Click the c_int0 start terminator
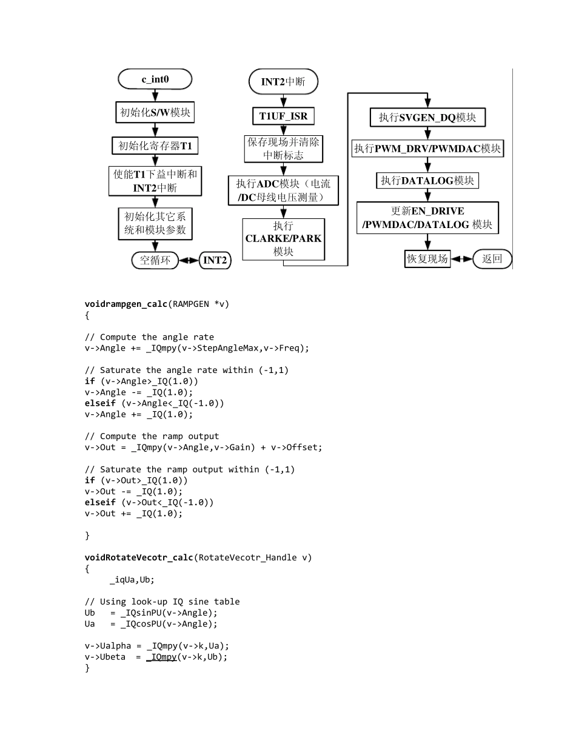coord(155,79)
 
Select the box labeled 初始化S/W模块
coord(155,112)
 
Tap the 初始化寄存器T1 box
coord(155,146)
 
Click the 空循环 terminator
coord(155,260)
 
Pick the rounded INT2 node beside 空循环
coord(215,260)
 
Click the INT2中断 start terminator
coord(283,81)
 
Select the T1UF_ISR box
coord(283,116)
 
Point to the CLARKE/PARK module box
coord(283,238)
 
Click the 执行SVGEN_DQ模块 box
coord(427,118)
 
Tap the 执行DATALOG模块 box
coord(428,180)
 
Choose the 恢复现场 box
coord(427,259)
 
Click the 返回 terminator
coord(492,259)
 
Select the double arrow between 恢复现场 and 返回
coord(461,259)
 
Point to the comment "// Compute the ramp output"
coord(152,436)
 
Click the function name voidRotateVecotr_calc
coord(139,557)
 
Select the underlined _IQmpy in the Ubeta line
coord(161,657)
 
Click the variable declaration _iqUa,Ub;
coord(132,579)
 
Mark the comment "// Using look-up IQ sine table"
coord(162,602)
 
